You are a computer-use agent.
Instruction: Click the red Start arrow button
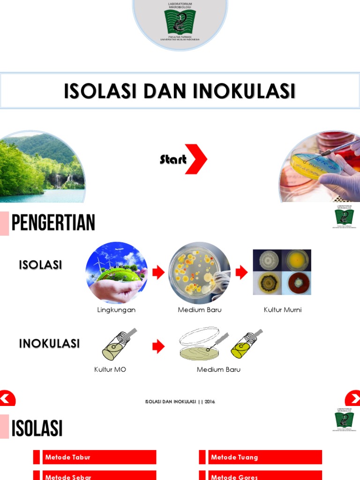pos(195,159)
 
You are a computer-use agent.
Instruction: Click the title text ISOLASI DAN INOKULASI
pos(180,91)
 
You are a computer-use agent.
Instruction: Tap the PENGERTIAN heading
pos(53,223)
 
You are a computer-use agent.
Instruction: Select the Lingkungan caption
pos(116,310)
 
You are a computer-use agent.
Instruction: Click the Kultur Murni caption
pos(283,310)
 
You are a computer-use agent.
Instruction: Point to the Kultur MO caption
pos(110,369)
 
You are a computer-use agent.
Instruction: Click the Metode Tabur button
pos(99,457)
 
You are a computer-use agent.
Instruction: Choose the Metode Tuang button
pos(265,457)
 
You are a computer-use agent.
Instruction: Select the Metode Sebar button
pos(99,476)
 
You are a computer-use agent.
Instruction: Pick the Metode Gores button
pos(265,476)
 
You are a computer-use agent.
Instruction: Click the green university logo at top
pos(180,22)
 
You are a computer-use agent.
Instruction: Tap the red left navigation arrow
pos(7,399)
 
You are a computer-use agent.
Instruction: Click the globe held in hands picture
pos(116,273)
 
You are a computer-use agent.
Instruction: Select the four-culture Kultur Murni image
pos(282,272)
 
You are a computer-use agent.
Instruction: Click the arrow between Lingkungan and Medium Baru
pos(158,273)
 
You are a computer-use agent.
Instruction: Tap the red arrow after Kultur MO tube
pos(158,347)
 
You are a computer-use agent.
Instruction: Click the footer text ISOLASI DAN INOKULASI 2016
pos(180,402)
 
